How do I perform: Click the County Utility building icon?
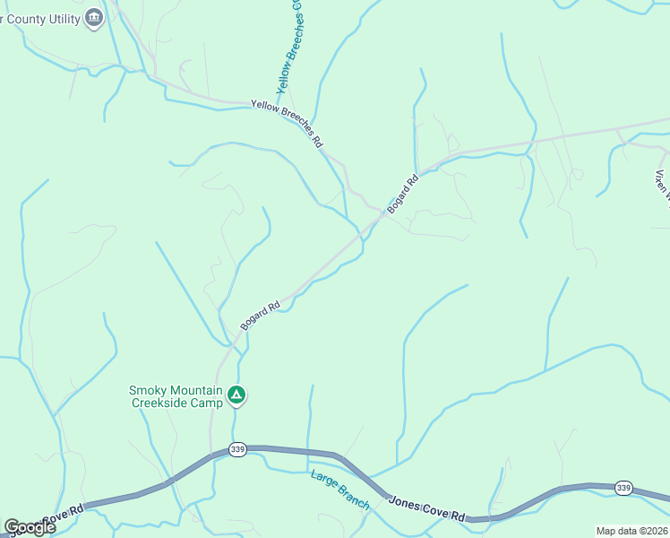[94, 17]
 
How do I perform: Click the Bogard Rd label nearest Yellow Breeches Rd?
[403, 195]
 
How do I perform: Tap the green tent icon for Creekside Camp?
[236, 394]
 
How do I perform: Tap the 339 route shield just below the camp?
[236, 449]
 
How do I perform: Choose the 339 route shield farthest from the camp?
[624, 488]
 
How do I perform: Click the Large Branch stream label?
[339, 490]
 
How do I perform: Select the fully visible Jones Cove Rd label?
[426, 508]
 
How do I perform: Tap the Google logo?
[30, 526]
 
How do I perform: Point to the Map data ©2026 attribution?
[631, 531]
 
